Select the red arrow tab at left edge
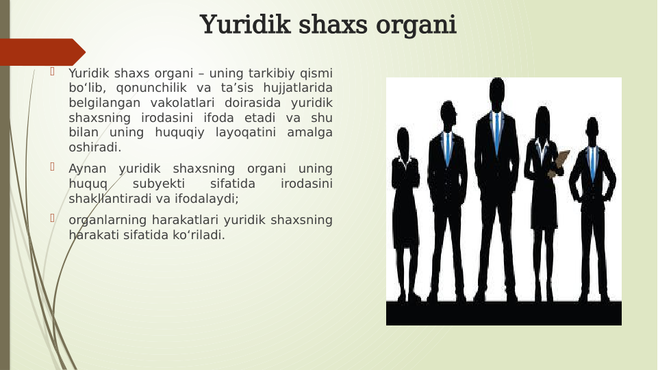tap(41, 52)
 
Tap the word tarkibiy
tap(258, 72)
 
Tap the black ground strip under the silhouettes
tap(503, 313)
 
